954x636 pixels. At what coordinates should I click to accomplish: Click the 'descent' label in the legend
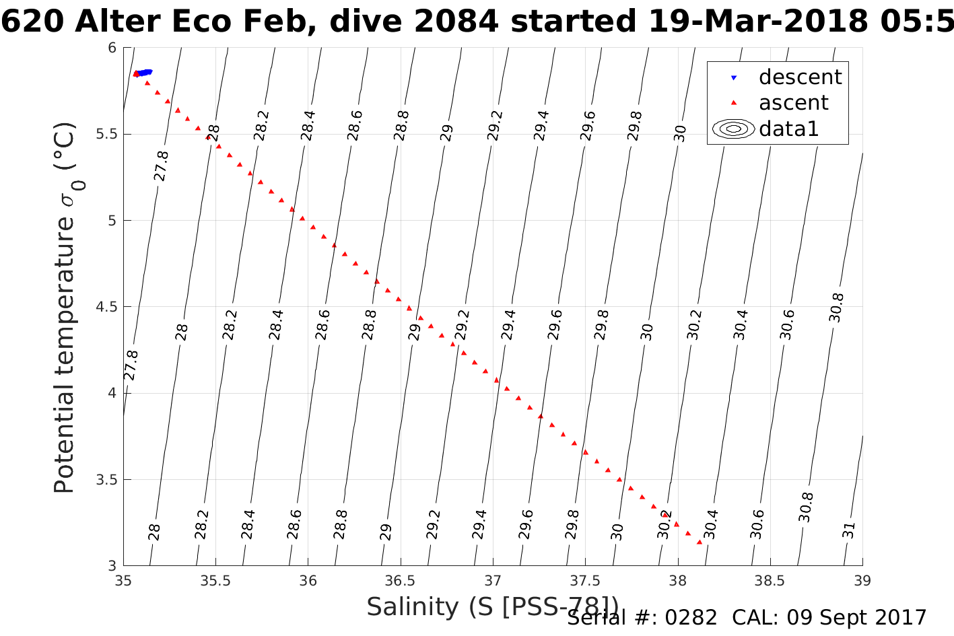800,77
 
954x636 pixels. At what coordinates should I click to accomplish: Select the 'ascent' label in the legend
793,103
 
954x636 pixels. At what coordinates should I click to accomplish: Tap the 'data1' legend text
788,129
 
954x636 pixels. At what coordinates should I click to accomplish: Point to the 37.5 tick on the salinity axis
585,580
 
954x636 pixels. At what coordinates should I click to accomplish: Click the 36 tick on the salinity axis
308,580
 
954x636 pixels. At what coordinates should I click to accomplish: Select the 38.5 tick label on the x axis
770,580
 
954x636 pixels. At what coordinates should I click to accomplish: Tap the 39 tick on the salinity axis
862,580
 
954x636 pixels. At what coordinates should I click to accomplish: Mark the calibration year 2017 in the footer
901,617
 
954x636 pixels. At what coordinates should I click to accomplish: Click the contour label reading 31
849,530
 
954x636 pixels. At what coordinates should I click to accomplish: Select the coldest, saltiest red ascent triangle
700,542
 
